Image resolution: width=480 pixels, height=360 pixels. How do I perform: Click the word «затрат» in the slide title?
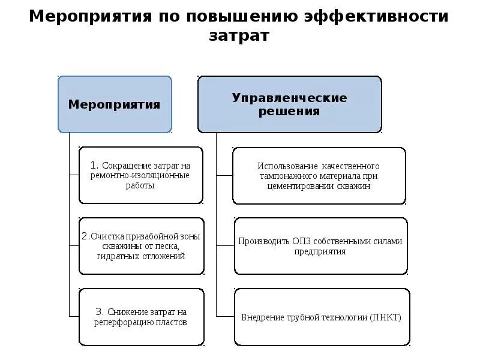(239, 35)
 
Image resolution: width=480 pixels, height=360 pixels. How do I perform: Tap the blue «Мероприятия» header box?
(115, 104)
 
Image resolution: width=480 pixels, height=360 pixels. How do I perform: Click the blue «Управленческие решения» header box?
(289, 104)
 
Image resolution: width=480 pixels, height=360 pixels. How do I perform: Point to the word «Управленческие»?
(289, 97)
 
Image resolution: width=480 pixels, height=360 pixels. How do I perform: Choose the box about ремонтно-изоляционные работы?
(140, 175)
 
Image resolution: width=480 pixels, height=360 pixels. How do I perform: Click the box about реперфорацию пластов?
(140, 317)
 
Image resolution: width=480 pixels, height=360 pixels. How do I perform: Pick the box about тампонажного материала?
(319, 175)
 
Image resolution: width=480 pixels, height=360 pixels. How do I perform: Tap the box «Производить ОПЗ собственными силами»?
(320, 246)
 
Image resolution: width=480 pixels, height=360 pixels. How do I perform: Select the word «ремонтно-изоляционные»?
(140, 175)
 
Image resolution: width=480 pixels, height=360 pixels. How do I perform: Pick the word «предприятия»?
(320, 252)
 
